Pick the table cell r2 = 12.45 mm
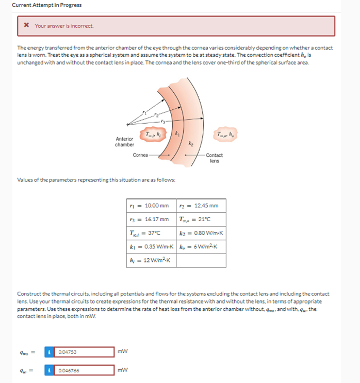[x=200, y=206]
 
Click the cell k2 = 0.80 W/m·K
[x=200, y=233]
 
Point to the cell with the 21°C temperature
[x=200, y=219]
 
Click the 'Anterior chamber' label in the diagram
[x=124, y=142]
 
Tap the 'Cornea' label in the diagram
[x=140, y=155]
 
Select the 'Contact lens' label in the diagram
[x=215, y=158]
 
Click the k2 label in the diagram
[x=190, y=142]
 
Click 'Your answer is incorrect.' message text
[x=64, y=26]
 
